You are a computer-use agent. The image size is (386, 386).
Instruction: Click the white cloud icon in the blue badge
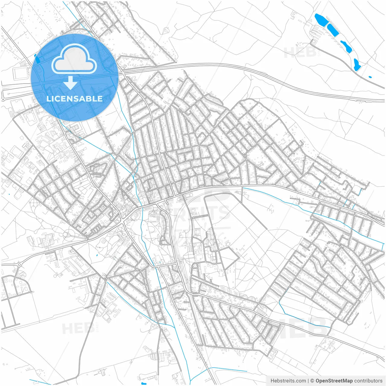(x=74, y=59)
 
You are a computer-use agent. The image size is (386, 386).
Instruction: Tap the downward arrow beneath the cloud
(x=71, y=83)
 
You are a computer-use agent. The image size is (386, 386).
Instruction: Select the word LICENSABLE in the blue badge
(x=74, y=99)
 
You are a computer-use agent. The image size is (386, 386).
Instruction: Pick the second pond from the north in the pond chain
(x=333, y=30)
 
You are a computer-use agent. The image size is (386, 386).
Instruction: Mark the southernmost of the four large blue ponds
(x=357, y=65)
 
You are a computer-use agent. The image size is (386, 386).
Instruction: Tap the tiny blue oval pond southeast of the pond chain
(x=370, y=77)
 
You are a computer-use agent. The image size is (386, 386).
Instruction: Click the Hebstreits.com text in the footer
(x=288, y=381)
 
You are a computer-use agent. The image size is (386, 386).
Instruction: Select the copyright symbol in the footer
(x=312, y=381)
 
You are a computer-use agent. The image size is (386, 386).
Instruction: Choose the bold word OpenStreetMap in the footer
(x=334, y=381)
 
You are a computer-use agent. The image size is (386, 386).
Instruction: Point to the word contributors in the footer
(x=369, y=381)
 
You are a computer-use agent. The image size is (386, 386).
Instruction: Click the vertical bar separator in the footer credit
(x=308, y=381)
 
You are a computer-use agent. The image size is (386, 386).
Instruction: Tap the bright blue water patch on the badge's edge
(x=37, y=58)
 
